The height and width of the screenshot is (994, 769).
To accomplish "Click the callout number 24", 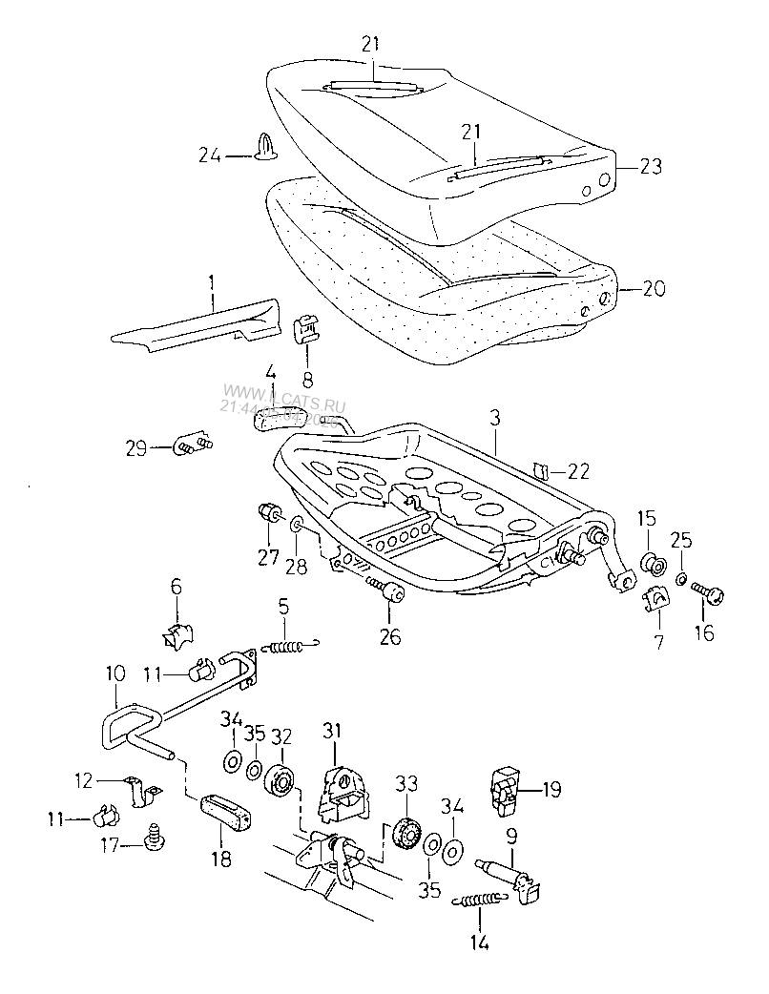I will pos(209,154).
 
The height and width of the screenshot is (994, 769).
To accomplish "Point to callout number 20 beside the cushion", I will pos(654,289).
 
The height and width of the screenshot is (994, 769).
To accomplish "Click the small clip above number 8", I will pos(305,327).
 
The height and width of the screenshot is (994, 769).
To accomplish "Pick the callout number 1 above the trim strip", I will pos(212,283).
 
